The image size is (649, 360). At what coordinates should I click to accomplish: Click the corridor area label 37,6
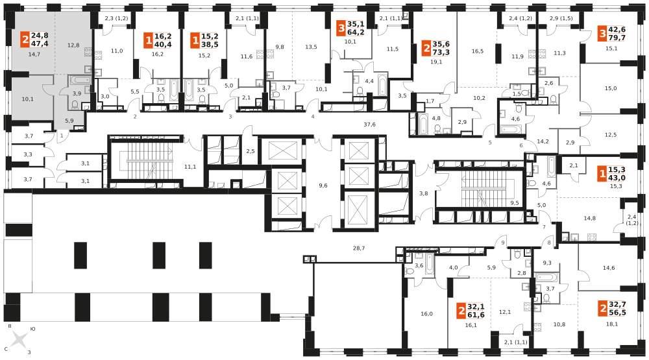point(369,124)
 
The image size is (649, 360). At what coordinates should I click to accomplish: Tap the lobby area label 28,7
point(358,248)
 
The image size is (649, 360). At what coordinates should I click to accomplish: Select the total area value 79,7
point(617,38)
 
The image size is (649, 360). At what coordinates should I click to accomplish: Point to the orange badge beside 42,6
point(602,34)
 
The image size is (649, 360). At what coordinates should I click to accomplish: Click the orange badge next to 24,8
point(26,41)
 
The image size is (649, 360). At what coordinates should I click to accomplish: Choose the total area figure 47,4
point(40,44)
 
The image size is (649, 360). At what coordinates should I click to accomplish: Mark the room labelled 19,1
point(436,62)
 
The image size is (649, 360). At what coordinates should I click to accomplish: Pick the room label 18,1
point(612,324)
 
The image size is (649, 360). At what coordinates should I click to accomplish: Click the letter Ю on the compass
point(33,329)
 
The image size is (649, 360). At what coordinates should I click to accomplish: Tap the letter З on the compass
point(29,352)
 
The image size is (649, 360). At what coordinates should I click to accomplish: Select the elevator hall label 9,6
point(323,186)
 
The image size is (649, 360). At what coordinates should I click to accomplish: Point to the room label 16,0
point(426,314)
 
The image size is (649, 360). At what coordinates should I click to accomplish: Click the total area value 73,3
point(441,52)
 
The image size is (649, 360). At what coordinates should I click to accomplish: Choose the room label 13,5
point(311,47)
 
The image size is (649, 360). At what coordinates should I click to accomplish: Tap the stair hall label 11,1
point(190,167)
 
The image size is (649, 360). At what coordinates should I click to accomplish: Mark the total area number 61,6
point(476,315)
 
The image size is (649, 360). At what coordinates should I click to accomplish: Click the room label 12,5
point(611,134)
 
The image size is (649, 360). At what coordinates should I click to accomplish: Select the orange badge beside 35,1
point(341,29)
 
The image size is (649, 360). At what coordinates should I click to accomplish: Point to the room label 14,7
point(34,54)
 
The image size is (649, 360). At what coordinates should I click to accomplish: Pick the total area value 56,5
point(618,313)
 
